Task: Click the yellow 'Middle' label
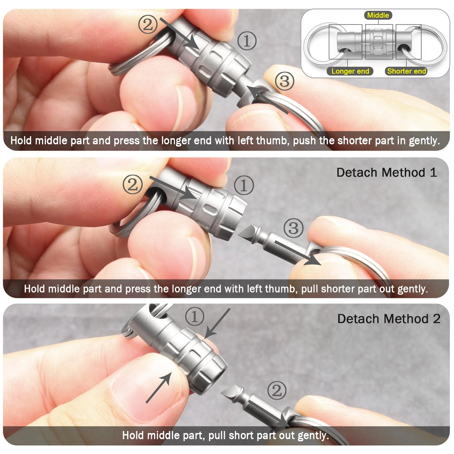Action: (378, 15)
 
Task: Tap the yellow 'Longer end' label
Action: (350, 71)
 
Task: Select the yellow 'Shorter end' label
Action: (406, 71)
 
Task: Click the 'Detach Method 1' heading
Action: (386, 173)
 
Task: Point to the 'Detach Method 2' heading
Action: (388, 319)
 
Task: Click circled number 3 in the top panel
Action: (284, 81)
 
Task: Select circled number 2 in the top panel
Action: (148, 24)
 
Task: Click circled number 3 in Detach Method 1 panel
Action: (293, 228)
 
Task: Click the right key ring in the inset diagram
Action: (431, 45)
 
